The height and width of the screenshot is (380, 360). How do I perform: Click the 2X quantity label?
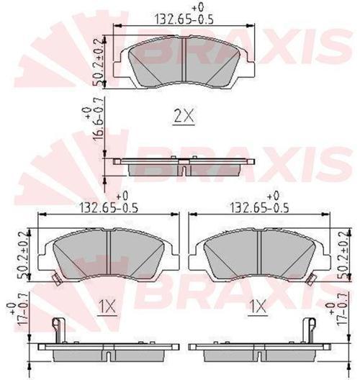[x=184, y=114]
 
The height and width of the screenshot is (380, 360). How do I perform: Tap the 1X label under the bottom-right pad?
[x=258, y=308]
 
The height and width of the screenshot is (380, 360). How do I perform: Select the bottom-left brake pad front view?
[x=108, y=254]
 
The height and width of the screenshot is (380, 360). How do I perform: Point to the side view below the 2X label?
[x=184, y=165]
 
